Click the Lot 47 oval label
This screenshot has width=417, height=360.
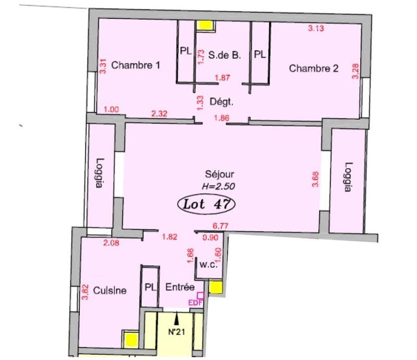click(207, 204)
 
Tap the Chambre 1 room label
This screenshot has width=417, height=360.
click(136, 66)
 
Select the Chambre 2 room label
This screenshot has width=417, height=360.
click(314, 68)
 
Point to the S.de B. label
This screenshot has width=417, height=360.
click(225, 53)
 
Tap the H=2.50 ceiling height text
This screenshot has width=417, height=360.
click(215, 185)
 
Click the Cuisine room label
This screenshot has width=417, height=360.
click(109, 290)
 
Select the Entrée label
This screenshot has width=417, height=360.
click(180, 287)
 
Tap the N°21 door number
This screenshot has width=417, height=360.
click(177, 332)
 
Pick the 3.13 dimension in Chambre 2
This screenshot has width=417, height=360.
click(316, 29)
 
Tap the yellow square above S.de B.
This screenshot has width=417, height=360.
click(205, 26)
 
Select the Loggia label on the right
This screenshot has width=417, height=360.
click(348, 177)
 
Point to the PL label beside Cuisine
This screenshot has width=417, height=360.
click(151, 287)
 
